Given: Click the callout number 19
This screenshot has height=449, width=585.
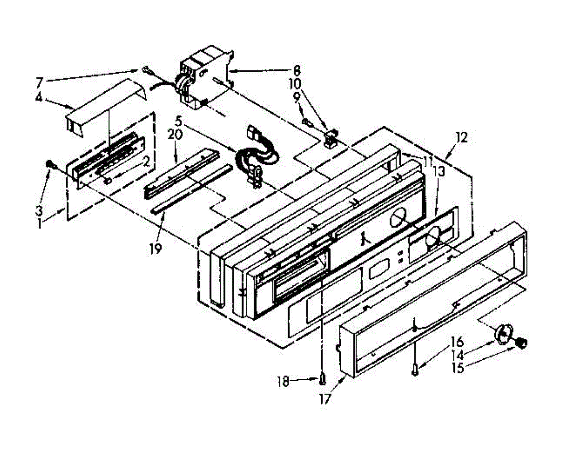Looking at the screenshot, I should pos(156,247).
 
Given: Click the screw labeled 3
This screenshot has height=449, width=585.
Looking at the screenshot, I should pos(49,165).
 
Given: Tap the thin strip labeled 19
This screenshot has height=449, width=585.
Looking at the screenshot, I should pos(190,188).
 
